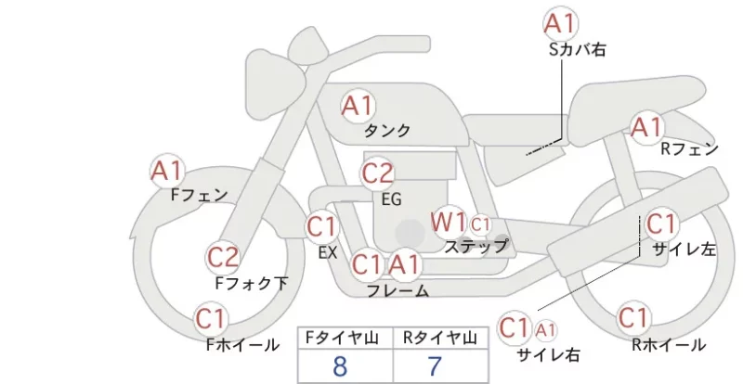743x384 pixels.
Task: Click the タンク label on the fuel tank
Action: coord(387,130)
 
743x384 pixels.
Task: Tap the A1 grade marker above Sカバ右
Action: coord(561,23)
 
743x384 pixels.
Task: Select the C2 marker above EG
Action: coord(377,173)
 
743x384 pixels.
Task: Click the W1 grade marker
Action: coord(449,222)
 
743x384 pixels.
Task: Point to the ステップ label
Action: coord(476,246)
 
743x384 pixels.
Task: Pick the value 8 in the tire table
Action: coord(340,366)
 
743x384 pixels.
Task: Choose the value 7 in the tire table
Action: coord(434,366)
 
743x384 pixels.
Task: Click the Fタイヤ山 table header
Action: coord(342,338)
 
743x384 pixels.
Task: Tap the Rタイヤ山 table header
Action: coord(440,338)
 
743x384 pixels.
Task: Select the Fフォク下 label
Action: coord(252,283)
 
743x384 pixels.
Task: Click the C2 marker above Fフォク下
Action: coord(223,258)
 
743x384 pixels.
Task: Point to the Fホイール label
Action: coord(242,345)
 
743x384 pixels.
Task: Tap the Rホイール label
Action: coord(669,345)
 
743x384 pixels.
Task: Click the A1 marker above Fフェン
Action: coord(167,171)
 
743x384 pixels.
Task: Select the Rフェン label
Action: coord(689,149)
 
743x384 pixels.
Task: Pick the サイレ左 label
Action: coord(684,250)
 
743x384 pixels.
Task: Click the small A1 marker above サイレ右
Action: coord(545,330)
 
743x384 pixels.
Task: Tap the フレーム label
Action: coord(398,290)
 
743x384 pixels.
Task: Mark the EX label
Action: coord(328,252)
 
